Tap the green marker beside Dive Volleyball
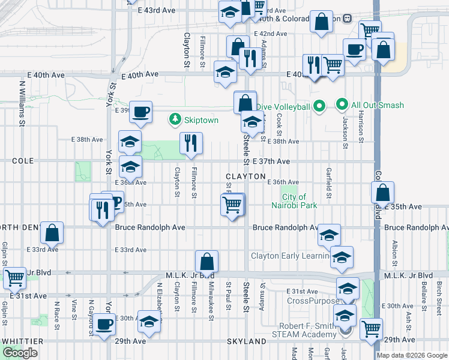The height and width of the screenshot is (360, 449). (x=320, y=107)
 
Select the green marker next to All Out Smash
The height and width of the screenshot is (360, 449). (x=342, y=105)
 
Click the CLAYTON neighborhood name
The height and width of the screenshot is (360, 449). (x=246, y=176)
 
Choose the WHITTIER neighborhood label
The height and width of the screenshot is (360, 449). (x=22, y=341)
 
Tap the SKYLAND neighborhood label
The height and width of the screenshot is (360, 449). (x=246, y=341)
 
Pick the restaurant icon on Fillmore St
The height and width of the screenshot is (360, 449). (x=191, y=143)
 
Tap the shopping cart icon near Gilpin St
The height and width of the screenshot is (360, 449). (x=14, y=277)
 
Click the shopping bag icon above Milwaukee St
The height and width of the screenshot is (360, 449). (x=206, y=262)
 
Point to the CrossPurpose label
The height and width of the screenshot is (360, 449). (x=309, y=300)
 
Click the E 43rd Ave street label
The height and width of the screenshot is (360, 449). (x=156, y=10)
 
